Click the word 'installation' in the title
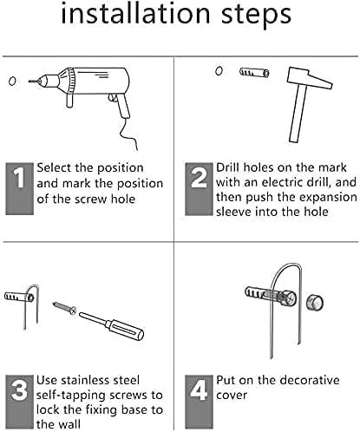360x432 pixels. [x=135, y=13]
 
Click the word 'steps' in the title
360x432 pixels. [x=257, y=15]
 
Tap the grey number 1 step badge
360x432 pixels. [x=20, y=189]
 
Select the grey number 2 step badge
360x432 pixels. [x=200, y=189]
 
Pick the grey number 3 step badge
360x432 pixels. [x=19, y=402]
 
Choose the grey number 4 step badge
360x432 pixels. [x=199, y=402]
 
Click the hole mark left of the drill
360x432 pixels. [x=12, y=81]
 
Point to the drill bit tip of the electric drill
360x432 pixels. [x=29, y=82]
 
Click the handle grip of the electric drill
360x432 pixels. [x=123, y=106]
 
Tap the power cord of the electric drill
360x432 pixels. [x=129, y=134]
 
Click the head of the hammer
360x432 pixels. [x=309, y=78]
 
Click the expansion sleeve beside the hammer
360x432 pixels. [x=254, y=72]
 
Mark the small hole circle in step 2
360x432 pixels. [x=219, y=71]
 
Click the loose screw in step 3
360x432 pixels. [x=64, y=308]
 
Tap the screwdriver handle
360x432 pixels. [x=124, y=329]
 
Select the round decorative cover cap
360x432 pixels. [x=315, y=303]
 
